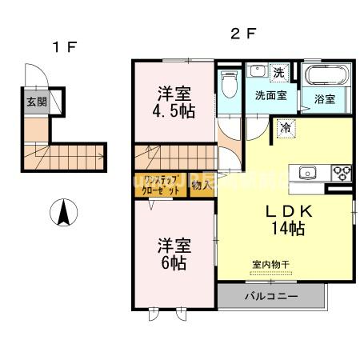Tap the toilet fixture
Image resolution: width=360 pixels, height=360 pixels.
click(230, 82)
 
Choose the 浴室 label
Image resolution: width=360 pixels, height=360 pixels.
click(324, 99)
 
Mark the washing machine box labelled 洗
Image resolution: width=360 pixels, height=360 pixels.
click(278, 72)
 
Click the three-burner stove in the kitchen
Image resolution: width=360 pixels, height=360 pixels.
click(342, 171)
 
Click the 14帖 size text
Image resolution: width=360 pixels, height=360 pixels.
click(286, 230)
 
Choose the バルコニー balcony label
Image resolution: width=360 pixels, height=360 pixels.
click(271, 297)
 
